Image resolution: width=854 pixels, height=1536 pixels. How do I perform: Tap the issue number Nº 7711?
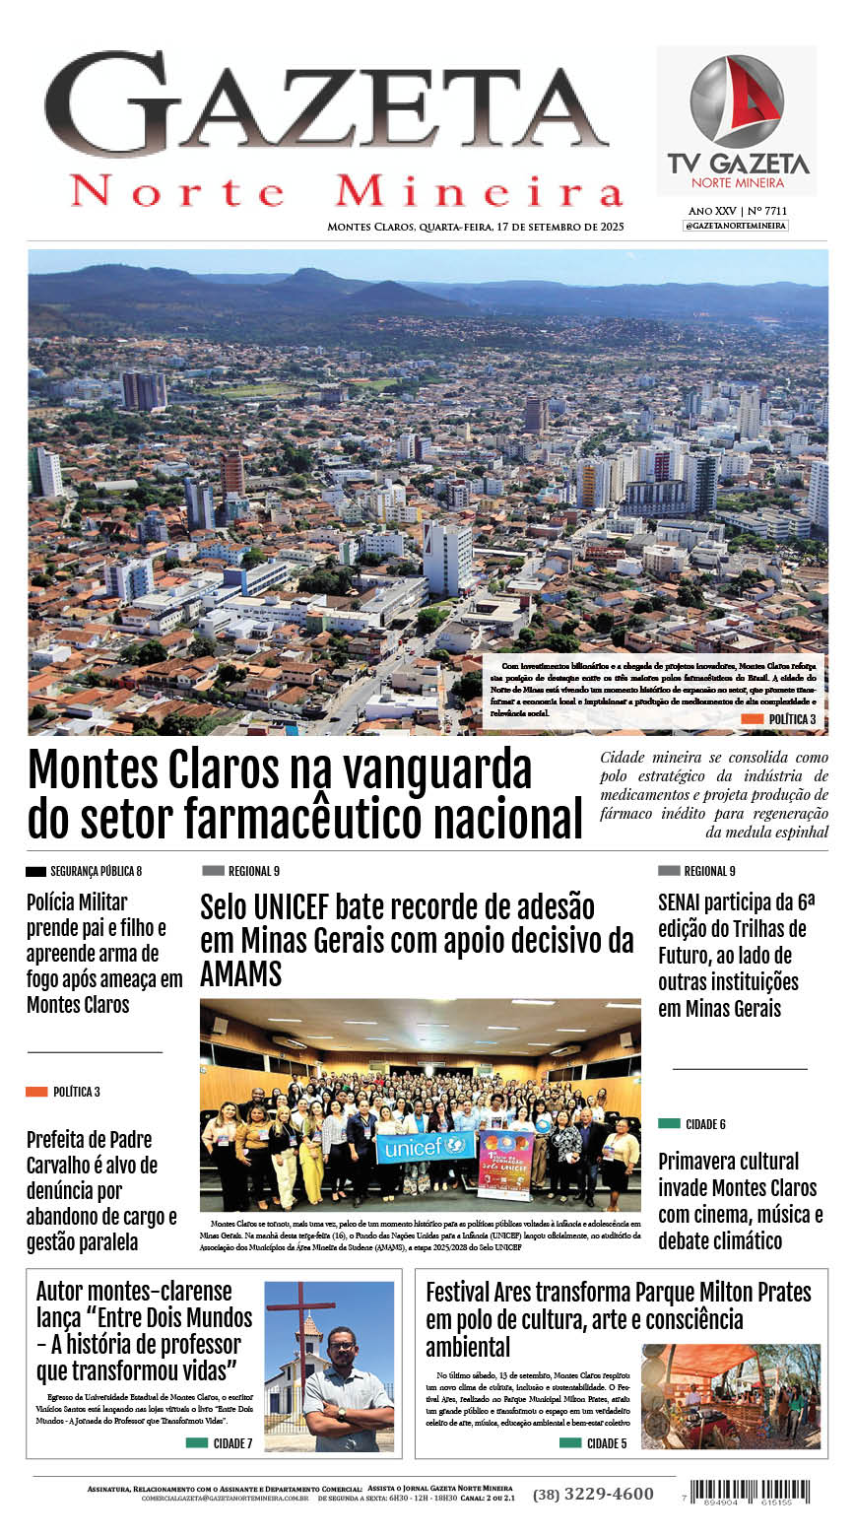767,211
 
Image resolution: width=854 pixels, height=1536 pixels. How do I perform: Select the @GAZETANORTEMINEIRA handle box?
736,226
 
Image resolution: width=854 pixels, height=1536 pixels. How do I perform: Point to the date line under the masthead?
476,227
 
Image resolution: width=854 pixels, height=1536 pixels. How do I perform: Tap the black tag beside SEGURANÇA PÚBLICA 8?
35,871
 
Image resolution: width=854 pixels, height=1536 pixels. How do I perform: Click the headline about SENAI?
733,955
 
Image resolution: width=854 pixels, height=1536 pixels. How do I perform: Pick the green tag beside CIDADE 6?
669,1124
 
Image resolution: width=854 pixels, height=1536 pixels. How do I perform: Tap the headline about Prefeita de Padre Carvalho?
101,1190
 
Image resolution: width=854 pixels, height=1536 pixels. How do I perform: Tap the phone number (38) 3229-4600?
593,1494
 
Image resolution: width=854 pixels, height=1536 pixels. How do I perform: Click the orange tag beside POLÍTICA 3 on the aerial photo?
752,720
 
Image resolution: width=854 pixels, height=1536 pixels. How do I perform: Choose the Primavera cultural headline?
738,1200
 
